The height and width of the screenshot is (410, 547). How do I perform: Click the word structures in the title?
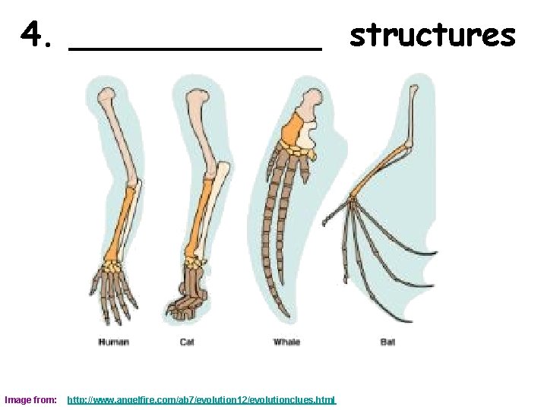[432, 35]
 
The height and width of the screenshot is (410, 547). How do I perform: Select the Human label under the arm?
[113, 342]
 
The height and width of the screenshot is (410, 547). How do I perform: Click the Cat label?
[187, 342]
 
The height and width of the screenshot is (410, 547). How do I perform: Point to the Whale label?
[286, 342]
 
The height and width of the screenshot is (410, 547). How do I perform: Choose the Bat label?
[387, 342]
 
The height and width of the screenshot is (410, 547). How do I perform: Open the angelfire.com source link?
[201, 399]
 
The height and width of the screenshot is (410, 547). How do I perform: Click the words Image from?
[30, 399]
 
